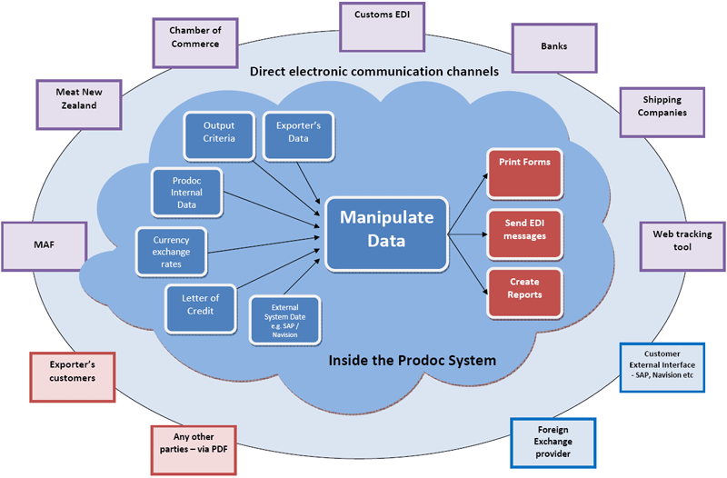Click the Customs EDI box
point(382,26)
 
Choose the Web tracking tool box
point(682,245)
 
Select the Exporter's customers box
point(73,376)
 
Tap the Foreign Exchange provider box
point(553,443)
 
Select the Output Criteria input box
point(218,133)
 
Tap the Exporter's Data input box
point(298,133)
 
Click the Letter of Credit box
point(200,308)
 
